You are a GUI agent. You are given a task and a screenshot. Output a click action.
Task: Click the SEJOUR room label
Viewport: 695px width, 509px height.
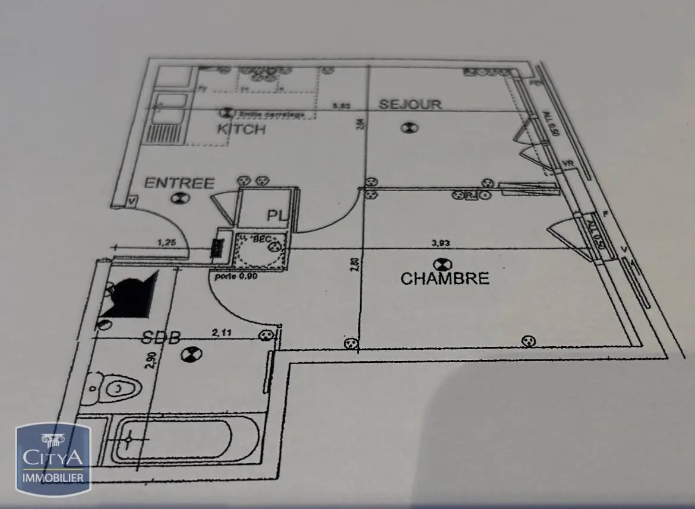coord(410,105)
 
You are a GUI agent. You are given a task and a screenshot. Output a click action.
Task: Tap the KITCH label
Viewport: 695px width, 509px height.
coord(241,129)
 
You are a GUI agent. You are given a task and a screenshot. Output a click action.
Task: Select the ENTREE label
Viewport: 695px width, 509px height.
coord(179,182)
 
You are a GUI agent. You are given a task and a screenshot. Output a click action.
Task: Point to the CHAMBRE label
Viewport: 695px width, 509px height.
coord(444,278)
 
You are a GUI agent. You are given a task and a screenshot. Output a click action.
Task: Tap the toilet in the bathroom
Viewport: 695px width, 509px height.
coord(116,390)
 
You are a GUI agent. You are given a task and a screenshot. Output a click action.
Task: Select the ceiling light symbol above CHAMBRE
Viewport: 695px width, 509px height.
coord(443,263)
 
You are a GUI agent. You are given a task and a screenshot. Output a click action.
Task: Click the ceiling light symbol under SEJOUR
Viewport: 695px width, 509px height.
coord(409,127)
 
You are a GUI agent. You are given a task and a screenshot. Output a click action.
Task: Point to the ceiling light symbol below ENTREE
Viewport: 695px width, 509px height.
coord(177,198)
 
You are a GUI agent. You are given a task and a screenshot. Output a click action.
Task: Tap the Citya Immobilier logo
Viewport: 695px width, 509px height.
coord(53,457)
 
